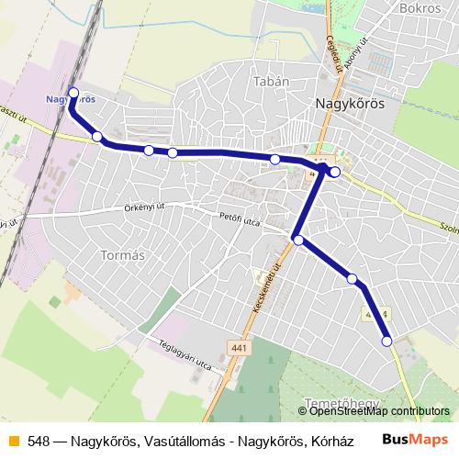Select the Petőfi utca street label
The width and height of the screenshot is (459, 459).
click(x=241, y=218)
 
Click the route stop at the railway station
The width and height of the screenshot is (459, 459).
click(x=74, y=92)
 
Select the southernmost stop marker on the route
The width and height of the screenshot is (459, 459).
click(x=386, y=341)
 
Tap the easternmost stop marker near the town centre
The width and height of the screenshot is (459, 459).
click(x=335, y=172)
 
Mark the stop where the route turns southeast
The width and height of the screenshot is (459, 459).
click(x=298, y=240)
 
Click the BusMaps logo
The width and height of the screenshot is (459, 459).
click(x=419, y=440)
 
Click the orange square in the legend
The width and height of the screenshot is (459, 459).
click(x=13, y=441)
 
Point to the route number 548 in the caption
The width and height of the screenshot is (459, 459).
click(x=39, y=441)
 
